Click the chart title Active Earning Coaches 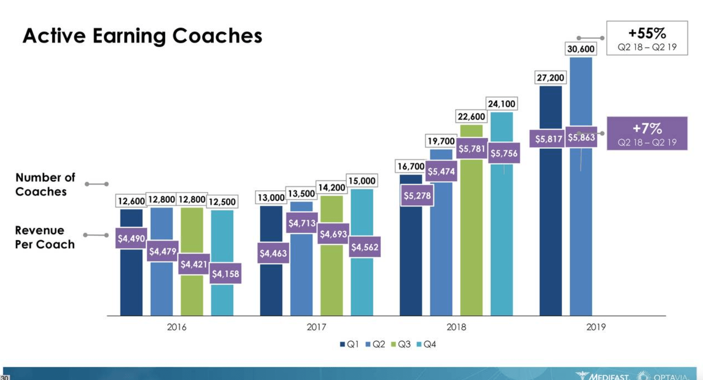(142, 36)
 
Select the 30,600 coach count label (581, 49)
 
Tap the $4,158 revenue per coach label (226, 274)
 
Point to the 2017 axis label (316, 327)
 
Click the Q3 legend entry (401, 344)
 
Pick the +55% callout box (647, 38)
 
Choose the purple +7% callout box (647, 133)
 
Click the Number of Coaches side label (45, 184)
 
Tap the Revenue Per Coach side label (45, 237)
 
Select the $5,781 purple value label (472, 149)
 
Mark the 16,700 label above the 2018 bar (411, 166)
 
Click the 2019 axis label (596, 327)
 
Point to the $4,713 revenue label (302, 223)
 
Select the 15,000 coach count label (362, 181)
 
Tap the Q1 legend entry (350, 344)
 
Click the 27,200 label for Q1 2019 (550, 78)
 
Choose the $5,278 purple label (417, 196)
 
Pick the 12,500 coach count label (222, 202)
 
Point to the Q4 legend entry (426, 344)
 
